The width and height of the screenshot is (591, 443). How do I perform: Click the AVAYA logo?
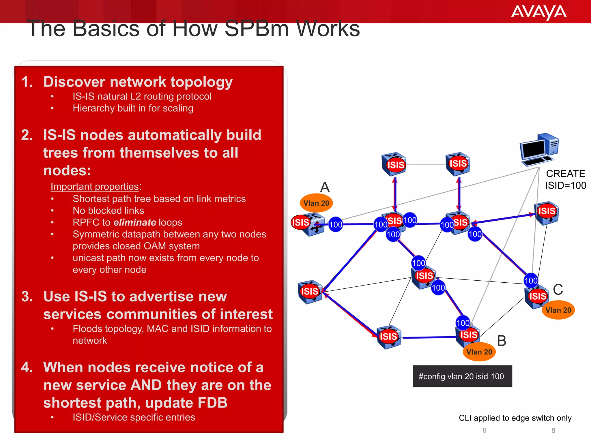(x=538, y=12)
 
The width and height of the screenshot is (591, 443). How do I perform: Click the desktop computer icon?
(x=539, y=150)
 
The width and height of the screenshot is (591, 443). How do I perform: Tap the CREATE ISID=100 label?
(x=565, y=179)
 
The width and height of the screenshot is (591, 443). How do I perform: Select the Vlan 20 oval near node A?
(x=316, y=203)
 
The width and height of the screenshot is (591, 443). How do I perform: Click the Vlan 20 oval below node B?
(x=479, y=352)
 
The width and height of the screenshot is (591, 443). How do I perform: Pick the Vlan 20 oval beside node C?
(x=558, y=310)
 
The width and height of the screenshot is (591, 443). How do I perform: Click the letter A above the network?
(x=325, y=187)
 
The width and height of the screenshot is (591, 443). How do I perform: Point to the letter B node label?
(x=502, y=341)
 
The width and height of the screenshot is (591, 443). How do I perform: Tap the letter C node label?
(x=558, y=290)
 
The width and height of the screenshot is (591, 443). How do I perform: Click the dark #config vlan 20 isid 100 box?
(x=462, y=376)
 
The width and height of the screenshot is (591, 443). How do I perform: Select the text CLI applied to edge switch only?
(x=515, y=418)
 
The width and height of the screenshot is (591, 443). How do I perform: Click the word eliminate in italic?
(x=135, y=222)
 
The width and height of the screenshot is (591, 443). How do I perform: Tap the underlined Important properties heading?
(x=95, y=187)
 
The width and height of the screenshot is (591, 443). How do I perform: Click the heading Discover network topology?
(x=138, y=82)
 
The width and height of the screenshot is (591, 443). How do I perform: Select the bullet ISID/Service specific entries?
(x=134, y=417)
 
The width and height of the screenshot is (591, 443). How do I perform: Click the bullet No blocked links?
(x=108, y=211)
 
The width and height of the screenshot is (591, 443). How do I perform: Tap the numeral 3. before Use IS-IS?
(x=27, y=296)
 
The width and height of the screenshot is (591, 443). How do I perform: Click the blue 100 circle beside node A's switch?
(x=336, y=225)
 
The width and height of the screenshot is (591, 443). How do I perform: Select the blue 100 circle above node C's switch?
(x=531, y=281)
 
